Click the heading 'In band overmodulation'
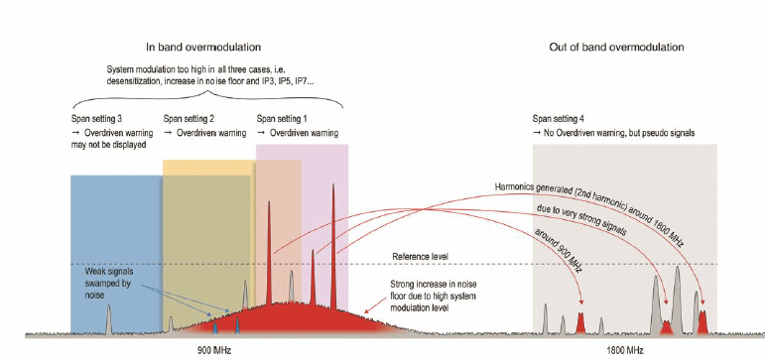(203, 47)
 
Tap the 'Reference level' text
(421, 257)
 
